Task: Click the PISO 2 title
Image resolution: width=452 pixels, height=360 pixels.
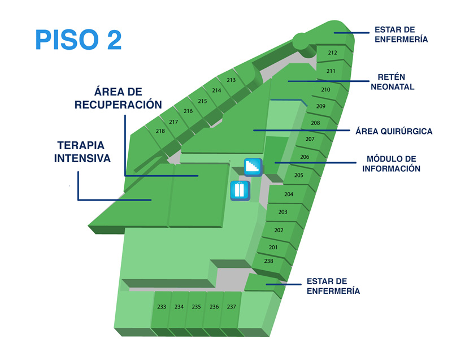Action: [x=79, y=40]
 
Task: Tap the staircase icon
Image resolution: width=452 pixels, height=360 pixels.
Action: [x=253, y=167]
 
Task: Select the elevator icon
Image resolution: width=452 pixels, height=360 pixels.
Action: [x=240, y=190]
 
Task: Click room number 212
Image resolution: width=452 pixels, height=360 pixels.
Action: [x=332, y=53]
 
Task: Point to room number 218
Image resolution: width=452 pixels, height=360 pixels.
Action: [x=160, y=131]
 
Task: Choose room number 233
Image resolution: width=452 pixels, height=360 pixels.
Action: [x=162, y=307]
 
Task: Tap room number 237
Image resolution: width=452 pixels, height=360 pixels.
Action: [x=232, y=307]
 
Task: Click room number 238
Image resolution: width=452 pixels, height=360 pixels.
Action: [x=269, y=261]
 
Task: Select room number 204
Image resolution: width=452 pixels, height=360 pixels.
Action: [x=289, y=194]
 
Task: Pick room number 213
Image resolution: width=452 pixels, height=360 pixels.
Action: [x=231, y=80]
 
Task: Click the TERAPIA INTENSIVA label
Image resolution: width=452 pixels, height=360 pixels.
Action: [x=82, y=152]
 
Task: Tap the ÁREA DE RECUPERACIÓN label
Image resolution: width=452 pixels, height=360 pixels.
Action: [x=118, y=98]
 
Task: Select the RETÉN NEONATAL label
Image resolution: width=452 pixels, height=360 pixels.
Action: [x=392, y=82]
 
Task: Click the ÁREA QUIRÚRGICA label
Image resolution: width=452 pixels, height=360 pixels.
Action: [x=394, y=132]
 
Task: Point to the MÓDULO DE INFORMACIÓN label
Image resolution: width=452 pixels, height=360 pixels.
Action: [x=391, y=164]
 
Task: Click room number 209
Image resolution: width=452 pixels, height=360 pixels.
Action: [x=321, y=106]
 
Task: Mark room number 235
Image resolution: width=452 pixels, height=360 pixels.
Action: [x=196, y=307]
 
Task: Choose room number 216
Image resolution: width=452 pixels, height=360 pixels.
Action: [x=188, y=111]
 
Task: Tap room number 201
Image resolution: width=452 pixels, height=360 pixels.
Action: [x=273, y=248]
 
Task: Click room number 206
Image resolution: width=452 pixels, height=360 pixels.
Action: [x=305, y=157]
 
